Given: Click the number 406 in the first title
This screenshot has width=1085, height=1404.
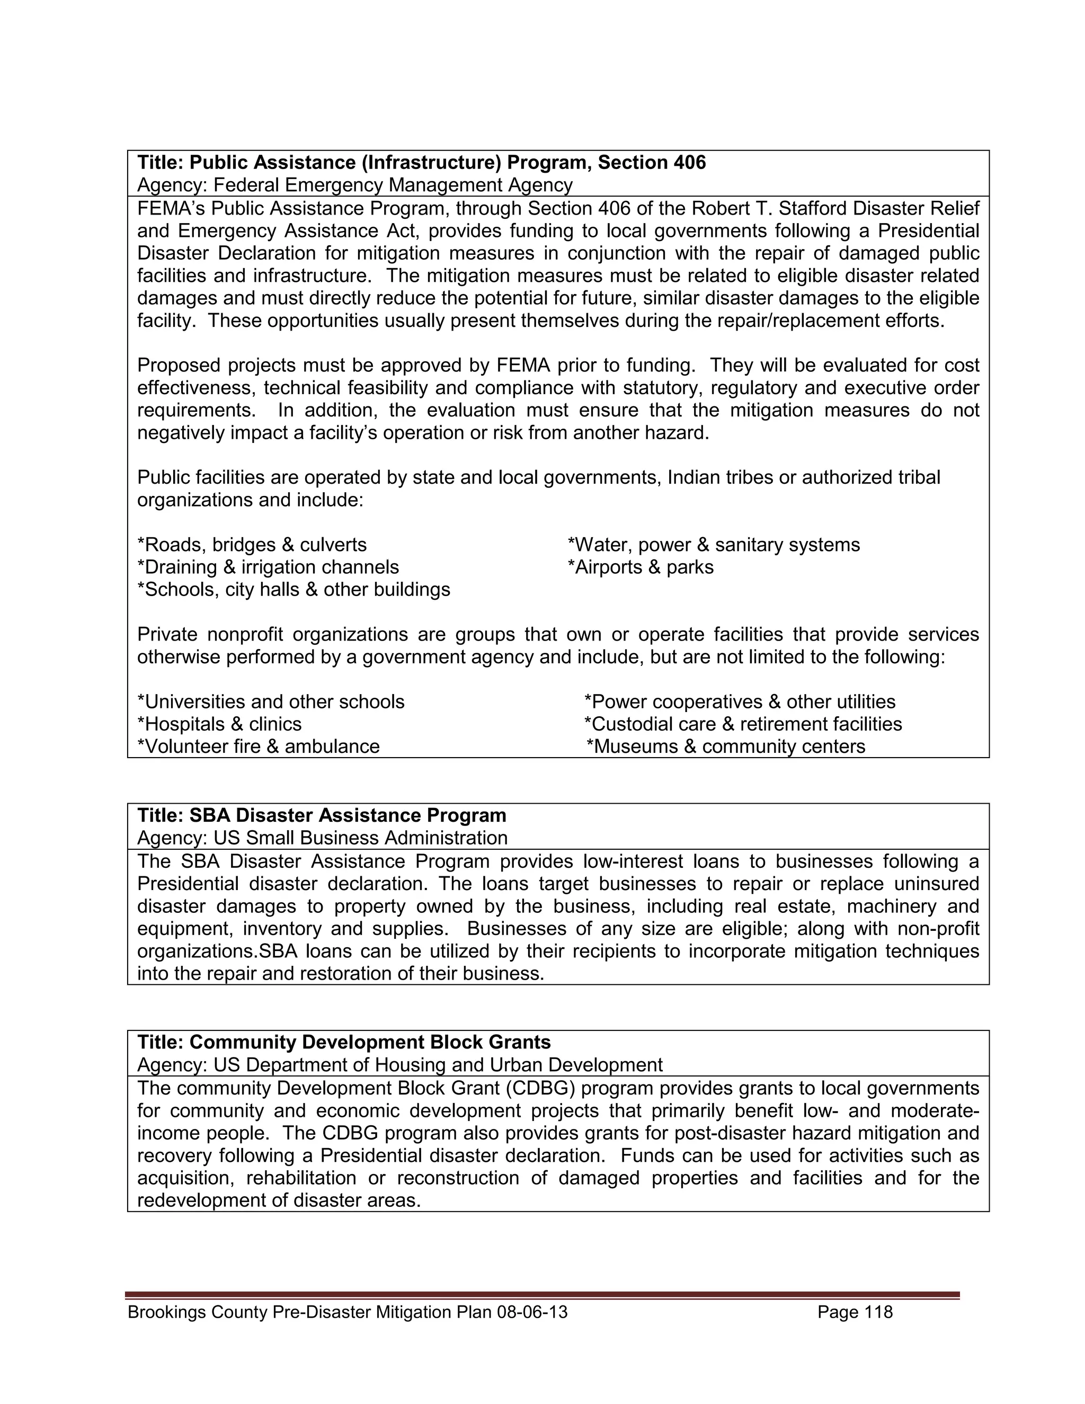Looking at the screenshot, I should click(x=689, y=163).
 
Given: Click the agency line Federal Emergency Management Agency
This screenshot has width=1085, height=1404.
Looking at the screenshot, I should click(x=355, y=185).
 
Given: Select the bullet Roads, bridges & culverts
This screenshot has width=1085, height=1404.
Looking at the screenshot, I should click(x=252, y=545).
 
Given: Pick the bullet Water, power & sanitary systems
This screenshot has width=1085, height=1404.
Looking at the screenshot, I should click(x=714, y=545).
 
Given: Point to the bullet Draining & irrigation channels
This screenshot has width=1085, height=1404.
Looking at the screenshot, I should click(x=268, y=567).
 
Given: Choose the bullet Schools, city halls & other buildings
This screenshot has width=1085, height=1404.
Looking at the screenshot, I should click(x=294, y=590).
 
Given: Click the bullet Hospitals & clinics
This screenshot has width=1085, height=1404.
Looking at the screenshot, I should click(x=219, y=724).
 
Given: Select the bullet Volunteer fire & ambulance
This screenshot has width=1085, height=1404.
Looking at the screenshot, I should click(x=259, y=747).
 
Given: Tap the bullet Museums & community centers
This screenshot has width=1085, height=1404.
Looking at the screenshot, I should click(x=726, y=747).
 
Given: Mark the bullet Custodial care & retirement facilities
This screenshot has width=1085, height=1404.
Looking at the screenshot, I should click(x=743, y=724).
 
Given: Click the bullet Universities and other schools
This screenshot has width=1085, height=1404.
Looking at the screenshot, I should click(x=271, y=701).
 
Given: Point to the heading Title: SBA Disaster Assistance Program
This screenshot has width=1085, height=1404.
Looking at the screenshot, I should click(x=322, y=815).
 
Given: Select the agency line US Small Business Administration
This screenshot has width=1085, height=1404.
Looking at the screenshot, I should click(x=322, y=838).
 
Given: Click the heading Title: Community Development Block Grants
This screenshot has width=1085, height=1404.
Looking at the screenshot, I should click(x=344, y=1042).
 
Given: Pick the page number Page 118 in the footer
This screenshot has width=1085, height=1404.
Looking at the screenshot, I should click(x=855, y=1312).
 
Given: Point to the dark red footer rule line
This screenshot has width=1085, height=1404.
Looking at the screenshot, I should click(x=542, y=1295).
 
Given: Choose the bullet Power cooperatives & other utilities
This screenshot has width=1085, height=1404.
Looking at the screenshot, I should click(x=739, y=701).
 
